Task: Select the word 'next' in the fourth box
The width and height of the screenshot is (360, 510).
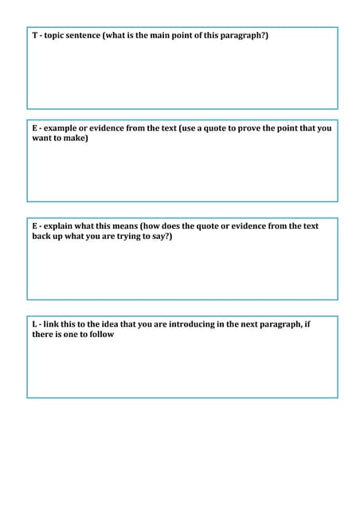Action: coord(248,324)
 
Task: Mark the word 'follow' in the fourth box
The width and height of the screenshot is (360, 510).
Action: coord(101,335)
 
